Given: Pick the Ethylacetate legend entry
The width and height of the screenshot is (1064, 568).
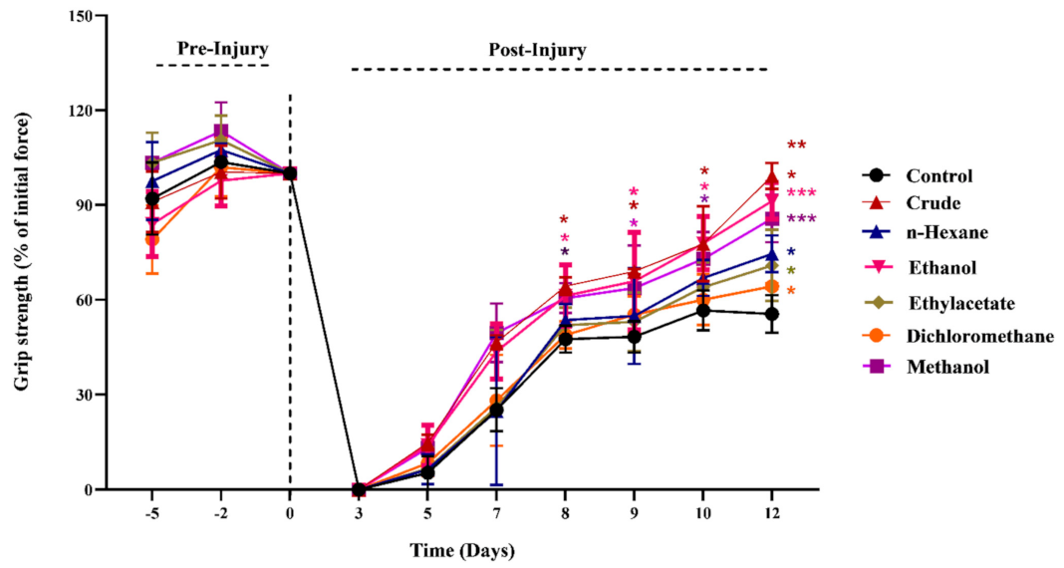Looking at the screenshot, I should coord(955,302).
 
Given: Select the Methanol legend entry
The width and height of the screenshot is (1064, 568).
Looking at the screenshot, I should coord(945,367).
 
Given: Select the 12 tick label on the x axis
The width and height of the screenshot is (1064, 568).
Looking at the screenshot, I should coord(771,514).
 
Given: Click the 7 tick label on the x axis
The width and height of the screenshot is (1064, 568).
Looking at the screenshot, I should coord(496,514).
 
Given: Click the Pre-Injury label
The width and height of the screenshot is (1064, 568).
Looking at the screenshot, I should coord(222,48).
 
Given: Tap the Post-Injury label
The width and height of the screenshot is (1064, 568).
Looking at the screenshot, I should coord(537,48).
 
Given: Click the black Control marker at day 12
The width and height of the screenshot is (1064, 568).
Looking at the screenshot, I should coord(771,314).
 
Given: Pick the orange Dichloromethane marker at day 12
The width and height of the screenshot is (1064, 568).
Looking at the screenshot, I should coord(771,287).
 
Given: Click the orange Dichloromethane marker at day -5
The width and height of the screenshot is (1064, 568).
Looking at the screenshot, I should coord(152,239).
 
